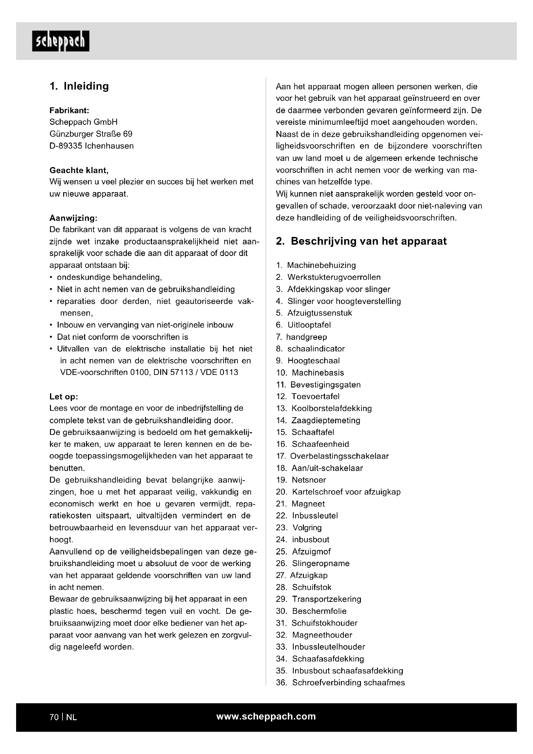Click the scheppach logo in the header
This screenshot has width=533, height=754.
pos(61,41)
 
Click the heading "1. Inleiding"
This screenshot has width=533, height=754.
pos(79,86)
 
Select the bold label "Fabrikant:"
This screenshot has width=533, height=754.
pos(69,110)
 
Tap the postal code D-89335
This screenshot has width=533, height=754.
pos(66,146)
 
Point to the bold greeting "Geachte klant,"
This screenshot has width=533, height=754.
pos(79,170)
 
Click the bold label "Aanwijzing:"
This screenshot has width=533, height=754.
pos(73,218)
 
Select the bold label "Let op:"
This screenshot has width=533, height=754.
pos(64,397)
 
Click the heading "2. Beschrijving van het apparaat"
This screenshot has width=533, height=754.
pos(361,241)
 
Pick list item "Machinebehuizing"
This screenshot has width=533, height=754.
pos(321,265)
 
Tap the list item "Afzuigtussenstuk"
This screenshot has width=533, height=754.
pos(320,313)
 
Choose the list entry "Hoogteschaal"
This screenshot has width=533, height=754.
pos(314,361)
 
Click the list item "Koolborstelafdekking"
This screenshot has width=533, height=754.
pos(332,408)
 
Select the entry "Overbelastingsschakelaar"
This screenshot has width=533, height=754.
pos(339,456)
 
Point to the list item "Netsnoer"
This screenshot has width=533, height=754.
pos(309,480)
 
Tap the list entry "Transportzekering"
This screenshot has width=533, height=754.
pos(326,599)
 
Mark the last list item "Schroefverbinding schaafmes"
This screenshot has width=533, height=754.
pos(349,682)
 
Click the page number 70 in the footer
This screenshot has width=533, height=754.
pos(54,717)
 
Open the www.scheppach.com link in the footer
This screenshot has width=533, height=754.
pos(266,716)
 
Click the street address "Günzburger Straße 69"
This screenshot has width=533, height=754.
pos(91,134)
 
